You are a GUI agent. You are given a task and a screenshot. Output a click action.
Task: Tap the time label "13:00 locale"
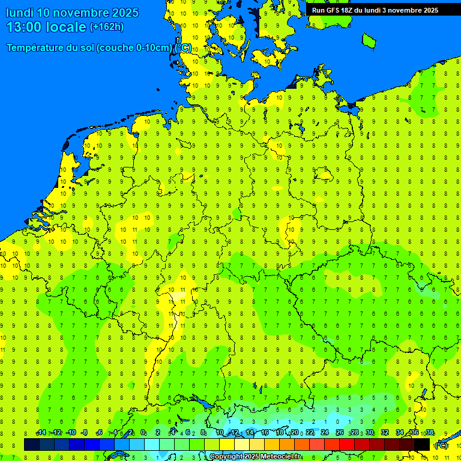(46, 27)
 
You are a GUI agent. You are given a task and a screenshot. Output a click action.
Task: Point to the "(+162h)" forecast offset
(107, 27)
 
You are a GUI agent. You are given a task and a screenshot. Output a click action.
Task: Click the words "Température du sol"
(50, 48)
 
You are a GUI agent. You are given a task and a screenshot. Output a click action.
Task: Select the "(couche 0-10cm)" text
(134, 48)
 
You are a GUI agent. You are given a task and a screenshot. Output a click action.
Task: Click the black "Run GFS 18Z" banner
(375, 10)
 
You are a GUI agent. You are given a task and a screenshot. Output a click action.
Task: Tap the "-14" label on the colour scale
(41, 433)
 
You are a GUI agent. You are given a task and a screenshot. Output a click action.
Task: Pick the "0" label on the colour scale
(143, 433)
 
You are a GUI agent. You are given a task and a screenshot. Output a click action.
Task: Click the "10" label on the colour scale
(219, 433)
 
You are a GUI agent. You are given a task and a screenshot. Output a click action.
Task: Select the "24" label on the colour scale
(325, 433)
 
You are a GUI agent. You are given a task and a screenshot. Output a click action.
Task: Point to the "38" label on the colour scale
(429, 433)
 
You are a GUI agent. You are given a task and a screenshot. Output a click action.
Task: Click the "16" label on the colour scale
(265, 433)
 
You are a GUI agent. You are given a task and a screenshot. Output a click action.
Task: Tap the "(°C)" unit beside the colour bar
(441, 445)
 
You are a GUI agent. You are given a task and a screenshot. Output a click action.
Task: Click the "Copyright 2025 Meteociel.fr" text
(255, 456)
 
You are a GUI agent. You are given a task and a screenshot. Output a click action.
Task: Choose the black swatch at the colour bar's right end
(422, 444)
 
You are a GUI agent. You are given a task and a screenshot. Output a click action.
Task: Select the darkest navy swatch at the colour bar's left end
(32, 444)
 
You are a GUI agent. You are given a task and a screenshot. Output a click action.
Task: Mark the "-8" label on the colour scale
(84, 433)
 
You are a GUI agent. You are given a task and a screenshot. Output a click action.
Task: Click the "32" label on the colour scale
(385, 433)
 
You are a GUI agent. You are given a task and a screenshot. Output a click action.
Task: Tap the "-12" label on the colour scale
(56, 433)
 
